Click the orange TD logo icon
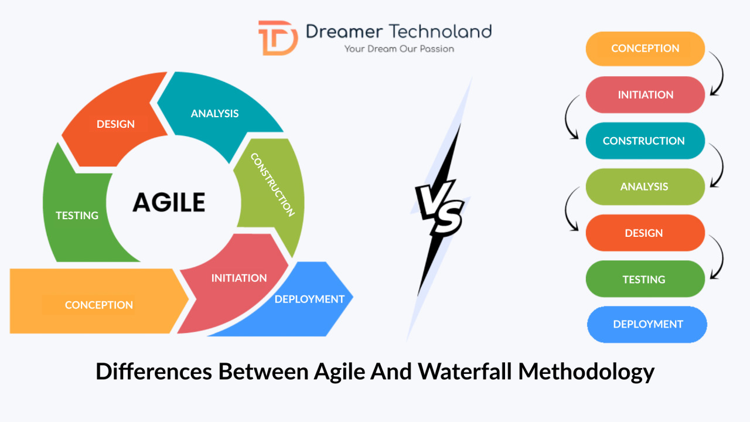click(x=278, y=38)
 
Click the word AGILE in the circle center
click(x=169, y=202)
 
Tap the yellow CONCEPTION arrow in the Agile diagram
click(x=99, y=301)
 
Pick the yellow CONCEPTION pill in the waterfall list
click(x=645, y=49)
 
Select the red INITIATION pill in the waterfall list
click(x=645, y=95)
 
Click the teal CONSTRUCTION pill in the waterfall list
click(x=645, y=141)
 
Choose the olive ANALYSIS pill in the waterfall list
click(x=645, y=186)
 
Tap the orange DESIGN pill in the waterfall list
click(x=645, y=233)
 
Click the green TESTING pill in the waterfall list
click(x=645, y=279)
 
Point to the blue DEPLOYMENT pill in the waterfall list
click(x=647, y=324)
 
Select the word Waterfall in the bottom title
click(x=465, y=371)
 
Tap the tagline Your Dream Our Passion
click(x=399, y=49)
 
